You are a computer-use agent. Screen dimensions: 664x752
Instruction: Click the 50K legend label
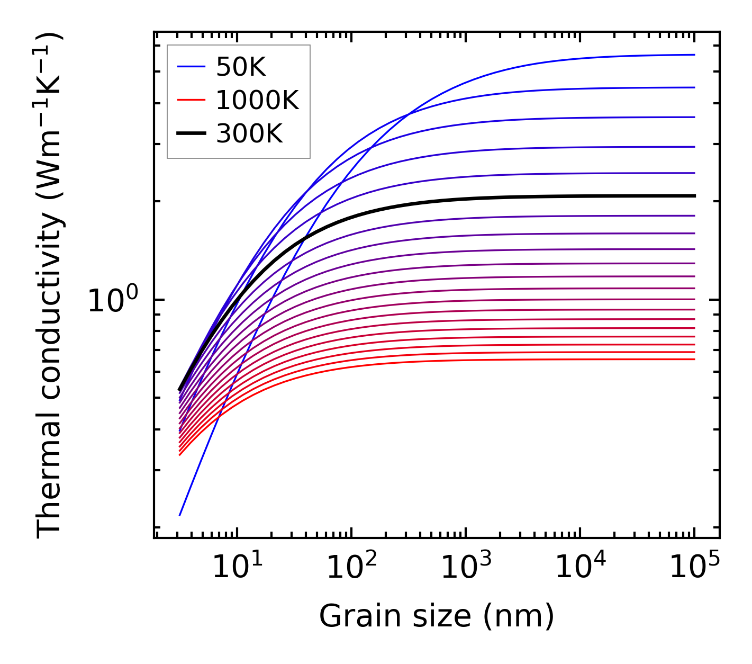point(241,67)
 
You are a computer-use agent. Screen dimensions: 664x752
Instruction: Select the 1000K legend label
point(257,100)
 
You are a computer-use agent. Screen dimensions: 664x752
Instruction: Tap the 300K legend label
point(249,134)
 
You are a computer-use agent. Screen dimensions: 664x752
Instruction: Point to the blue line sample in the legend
point(191,67)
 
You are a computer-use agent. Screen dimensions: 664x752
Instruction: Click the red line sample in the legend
point(191,100)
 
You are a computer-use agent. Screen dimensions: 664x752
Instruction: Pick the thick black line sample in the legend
point(191,133)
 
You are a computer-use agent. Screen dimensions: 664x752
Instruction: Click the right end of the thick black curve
point(694,196)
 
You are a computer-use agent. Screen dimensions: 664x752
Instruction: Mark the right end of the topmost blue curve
point(694,55)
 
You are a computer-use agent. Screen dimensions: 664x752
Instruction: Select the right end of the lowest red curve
point(694,360)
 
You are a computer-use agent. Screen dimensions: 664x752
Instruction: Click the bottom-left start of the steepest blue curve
point(180,515)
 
